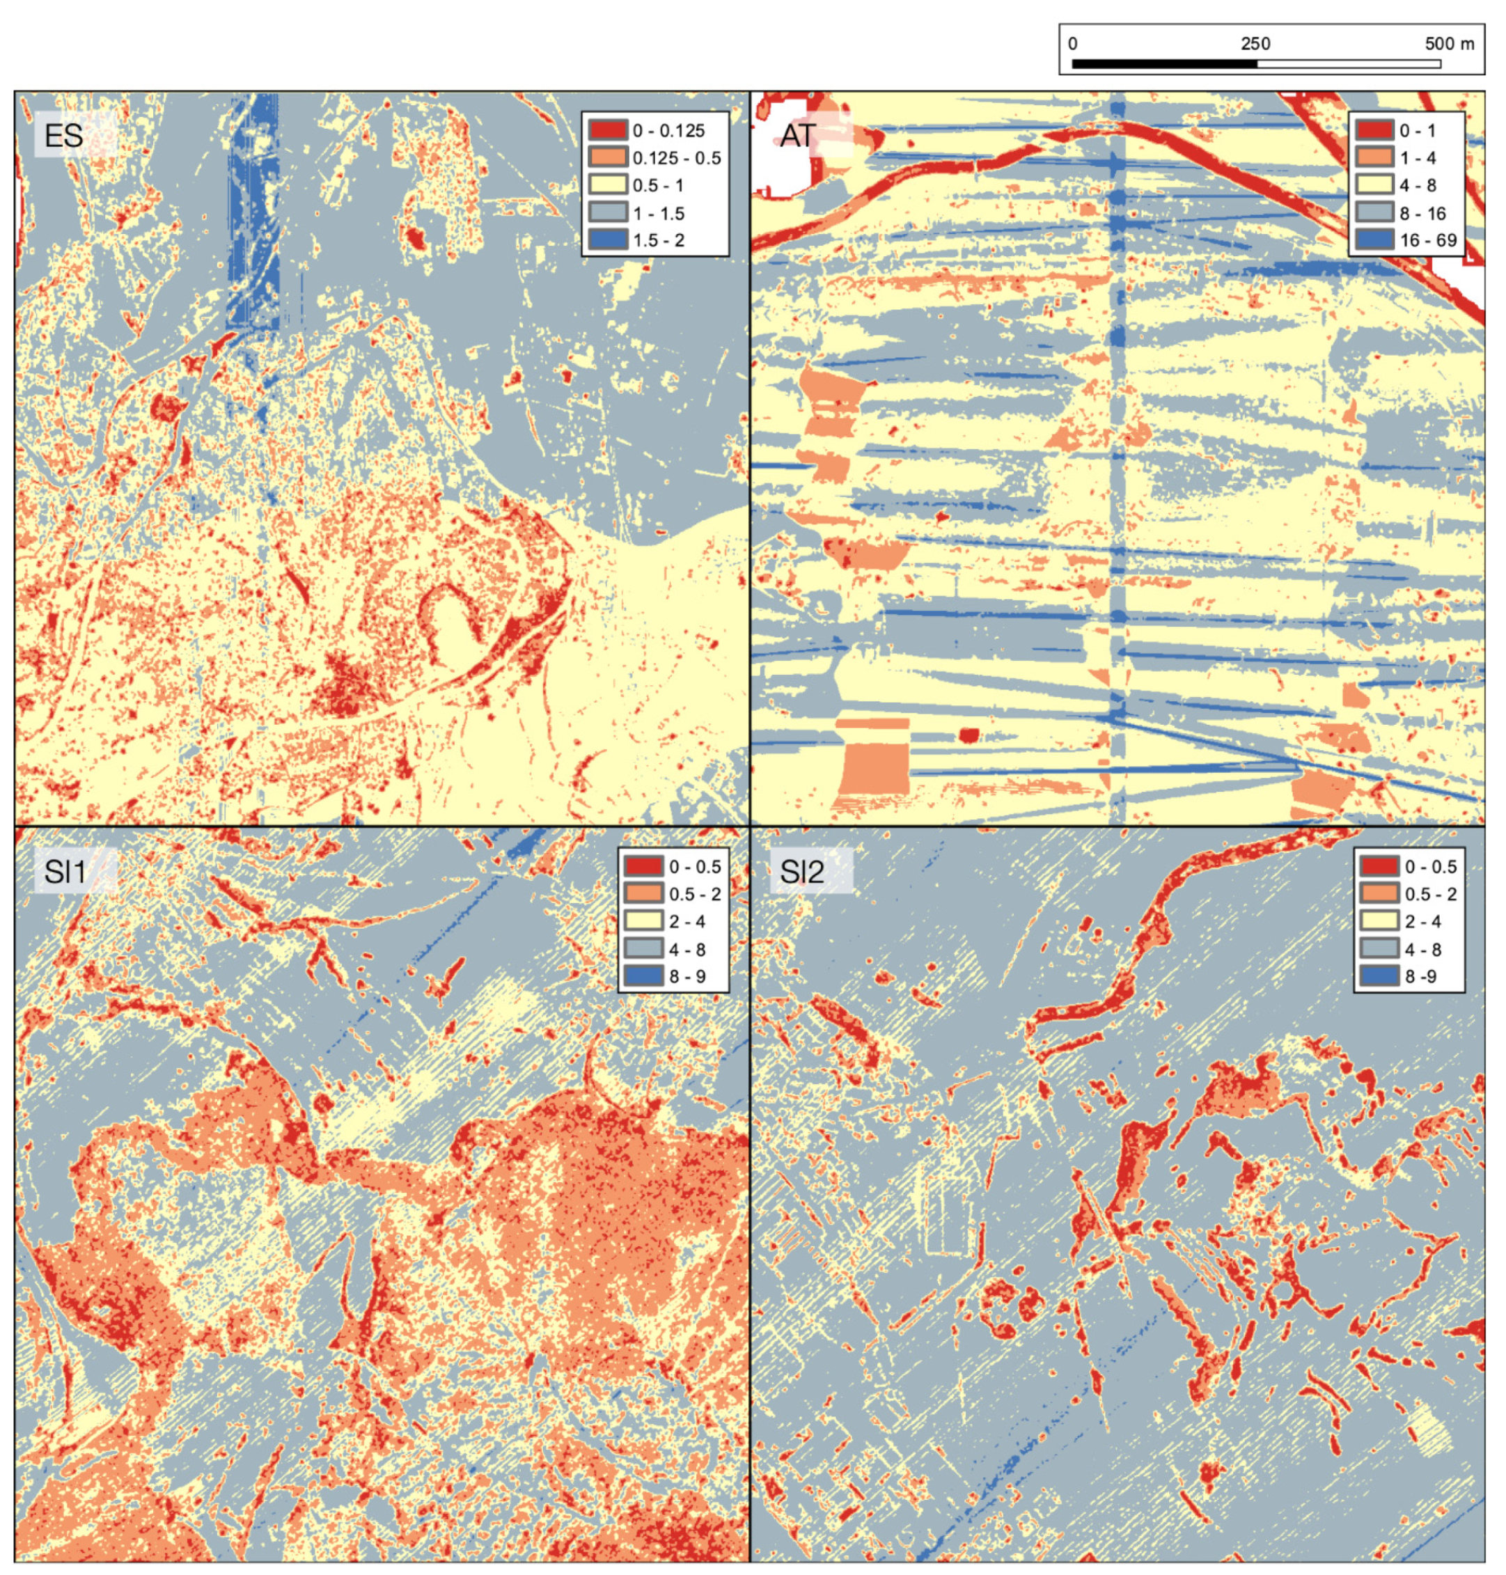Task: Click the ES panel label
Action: pyautogui.click(x=63, y=135)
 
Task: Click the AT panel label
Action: pyautogui.click(x=798, y=136)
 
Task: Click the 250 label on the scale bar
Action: pyautogui.click(x=1255, y=44)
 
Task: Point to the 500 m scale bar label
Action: pyautogui.click(x=1449, y=44)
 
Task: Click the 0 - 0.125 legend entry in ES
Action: pyautogui.click(x=668, y=131)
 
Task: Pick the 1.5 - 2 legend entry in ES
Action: pyautogui.click(x=658, y=240)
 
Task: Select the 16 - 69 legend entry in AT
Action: pyautogui.click(x=1428, y=240)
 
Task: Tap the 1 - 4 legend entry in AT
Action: pyautogui.click(x=1418, y=158)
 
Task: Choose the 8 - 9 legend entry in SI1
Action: pyautogui.click(x=687, y=976)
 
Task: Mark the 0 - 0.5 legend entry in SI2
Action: pyautogui.click(x=1431, y=867)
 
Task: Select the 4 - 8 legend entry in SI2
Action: pyautogui.click(x=1422, y=950)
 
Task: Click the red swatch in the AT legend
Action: pyautogui.click(x=1374, y=131)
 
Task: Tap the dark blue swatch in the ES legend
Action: pyautogui.click(x=608, y=240)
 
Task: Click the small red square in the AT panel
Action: pyautogui.click(x=970, y=735)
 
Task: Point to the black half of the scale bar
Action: pyautogui.click(x=1164, y=63)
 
